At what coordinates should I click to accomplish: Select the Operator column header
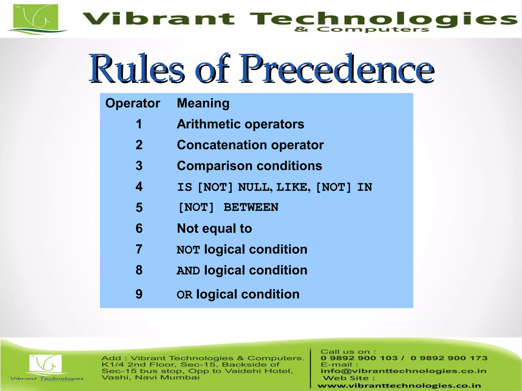[x=133, y=103]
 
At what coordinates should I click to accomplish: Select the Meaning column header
[x=203, y=103]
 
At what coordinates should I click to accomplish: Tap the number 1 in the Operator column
[x=139, y=124]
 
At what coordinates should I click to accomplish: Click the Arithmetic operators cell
[x=240, y=124]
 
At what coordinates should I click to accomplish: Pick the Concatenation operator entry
[x=250, y=145]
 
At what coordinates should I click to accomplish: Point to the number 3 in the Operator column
[x=139, y=166]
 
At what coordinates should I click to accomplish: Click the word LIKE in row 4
[x=293, y=187]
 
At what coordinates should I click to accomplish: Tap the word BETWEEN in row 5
[x=251, y=207]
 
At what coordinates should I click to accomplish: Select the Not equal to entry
[x=214, y=228]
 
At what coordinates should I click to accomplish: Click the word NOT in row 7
[x=188, y=250]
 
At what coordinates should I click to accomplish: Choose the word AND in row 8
[x=188, y=271]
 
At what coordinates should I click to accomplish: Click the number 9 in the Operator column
[x=139, y=294]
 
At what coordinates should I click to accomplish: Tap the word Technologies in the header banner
[x=382, y=19]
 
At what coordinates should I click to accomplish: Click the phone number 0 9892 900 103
[x=359, y=358]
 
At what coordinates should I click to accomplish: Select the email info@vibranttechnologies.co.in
[x=403, y=371]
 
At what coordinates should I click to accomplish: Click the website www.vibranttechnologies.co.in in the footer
[x=399, y=386]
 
